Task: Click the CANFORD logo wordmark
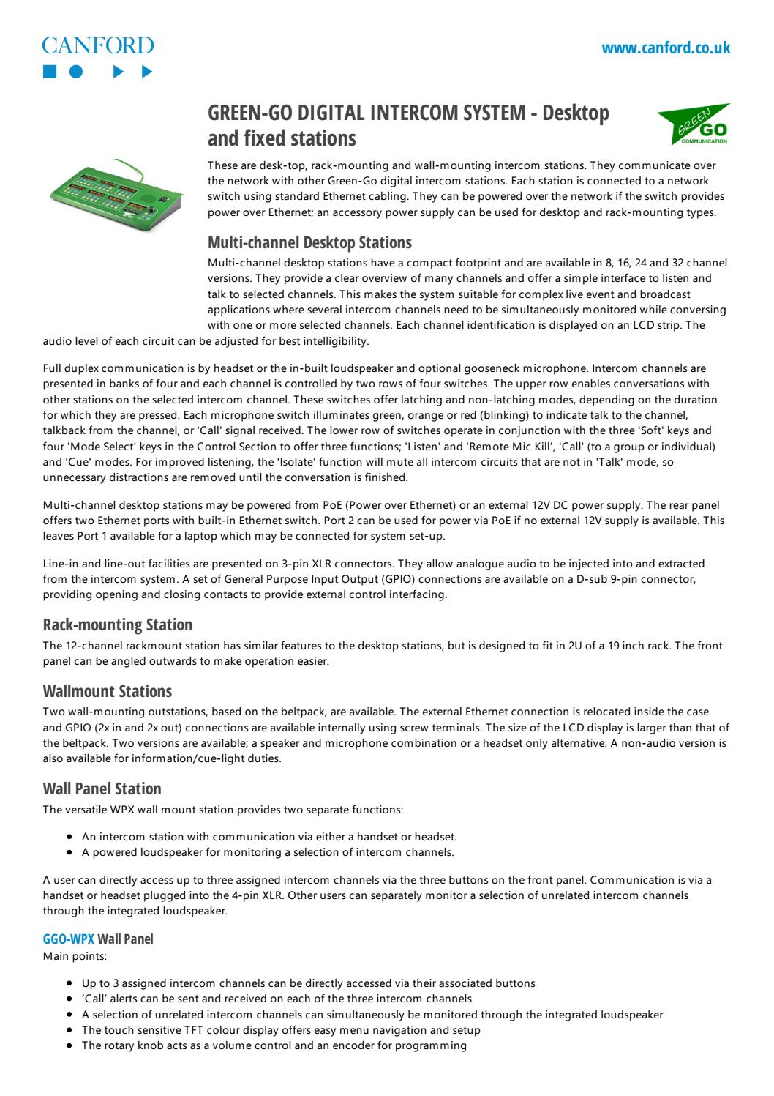click(x=98, y=46)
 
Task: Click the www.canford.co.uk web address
click(x=666, y=48)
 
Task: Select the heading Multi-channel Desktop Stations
click(x=309, y=242)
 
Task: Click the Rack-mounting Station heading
click(x=118, y=625)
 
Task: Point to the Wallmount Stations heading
click(x=108, y=691)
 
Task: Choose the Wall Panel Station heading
click(x=102, y=789)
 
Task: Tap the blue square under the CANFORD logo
click(x=49, y=72)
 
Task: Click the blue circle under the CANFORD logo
click(x=76, y=72)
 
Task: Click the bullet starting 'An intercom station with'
click(x=269, y=836)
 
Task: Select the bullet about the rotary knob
click(x=274, y=1045)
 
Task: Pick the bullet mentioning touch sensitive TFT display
click(x=281, y=1030)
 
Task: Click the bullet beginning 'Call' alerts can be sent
click(x=277, y=999)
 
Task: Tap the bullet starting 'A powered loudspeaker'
click(x=268, y=852)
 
